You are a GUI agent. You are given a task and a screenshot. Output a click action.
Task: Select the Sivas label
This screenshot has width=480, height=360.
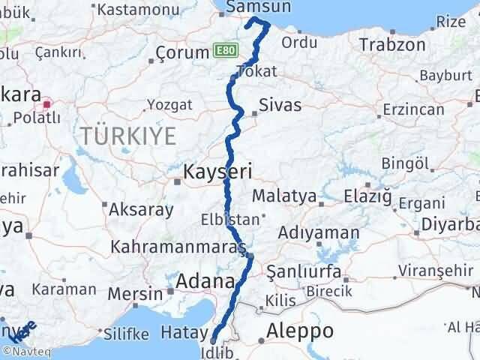pyautogui.click(x=280, y=105)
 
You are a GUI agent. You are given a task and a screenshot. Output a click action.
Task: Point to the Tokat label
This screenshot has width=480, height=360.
pyautogui.click(x=256, y=72)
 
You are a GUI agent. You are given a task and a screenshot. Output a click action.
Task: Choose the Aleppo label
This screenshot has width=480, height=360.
pyautogui.click(x=300, y=331)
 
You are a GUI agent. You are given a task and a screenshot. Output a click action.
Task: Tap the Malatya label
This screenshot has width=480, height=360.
pyautogui.click(x=284, y=196)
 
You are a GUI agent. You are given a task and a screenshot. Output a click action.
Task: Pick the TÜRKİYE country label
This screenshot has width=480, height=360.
pyautogui.click(x=128, y=136)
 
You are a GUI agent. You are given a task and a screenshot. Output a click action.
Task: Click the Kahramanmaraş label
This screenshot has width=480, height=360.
pyautogui.click(x=178, y=247)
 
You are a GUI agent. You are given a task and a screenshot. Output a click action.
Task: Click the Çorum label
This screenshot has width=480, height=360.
pyautogui.click(x=181, y=52)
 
